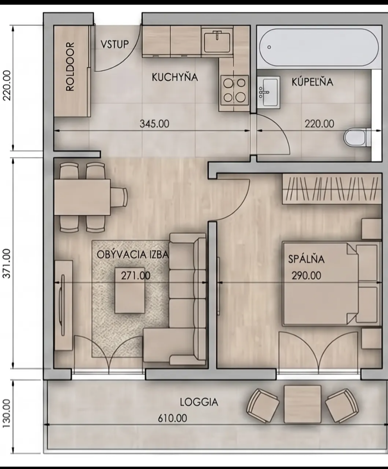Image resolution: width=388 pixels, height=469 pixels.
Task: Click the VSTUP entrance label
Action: tap(115, 44)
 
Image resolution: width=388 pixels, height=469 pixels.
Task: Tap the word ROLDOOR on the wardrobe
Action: tap(70, 66)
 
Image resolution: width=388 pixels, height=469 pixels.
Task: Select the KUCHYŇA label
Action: tap(175, 77)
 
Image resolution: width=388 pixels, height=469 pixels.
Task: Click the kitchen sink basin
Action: tap(217, 41)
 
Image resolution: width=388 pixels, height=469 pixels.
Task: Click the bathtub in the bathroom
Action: tap(319, 47)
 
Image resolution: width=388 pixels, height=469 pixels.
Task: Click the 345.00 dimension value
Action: tap(154, 124)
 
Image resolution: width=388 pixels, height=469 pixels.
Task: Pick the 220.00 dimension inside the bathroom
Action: tap(319, 124)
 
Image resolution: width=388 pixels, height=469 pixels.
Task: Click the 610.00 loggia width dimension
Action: tap(172, 418)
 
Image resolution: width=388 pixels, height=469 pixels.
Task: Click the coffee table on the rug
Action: tap(130, 290)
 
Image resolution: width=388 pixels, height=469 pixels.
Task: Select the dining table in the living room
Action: tap(82, 197)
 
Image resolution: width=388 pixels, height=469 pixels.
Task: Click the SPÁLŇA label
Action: tap(306, 259)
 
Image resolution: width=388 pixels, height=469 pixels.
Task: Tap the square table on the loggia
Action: tap(302, 404)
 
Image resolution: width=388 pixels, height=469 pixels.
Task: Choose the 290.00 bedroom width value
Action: tap(306, 276)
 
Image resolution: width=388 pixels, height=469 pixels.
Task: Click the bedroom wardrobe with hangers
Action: tap(332, 189)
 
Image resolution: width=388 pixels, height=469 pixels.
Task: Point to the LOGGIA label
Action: tap(199, 402)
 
